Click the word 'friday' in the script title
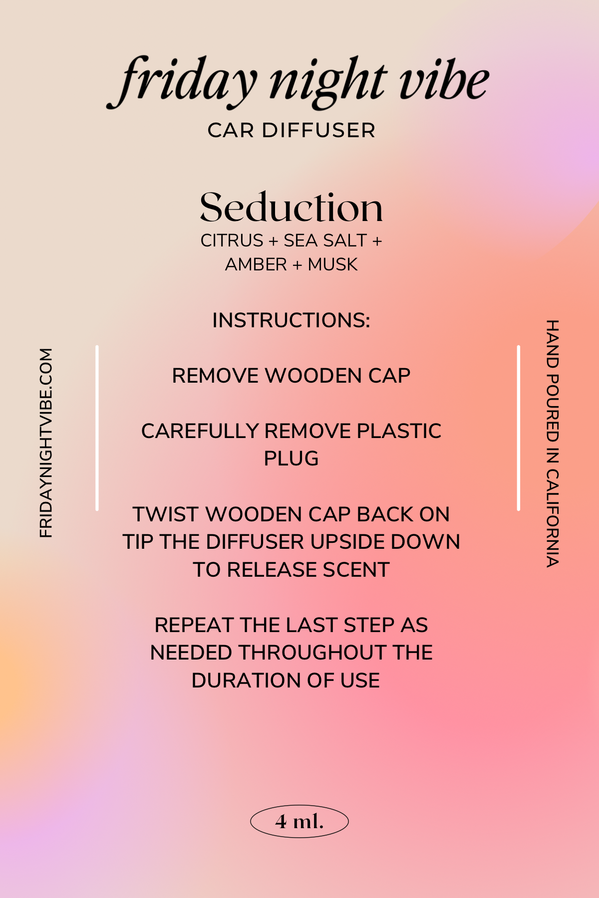click(182, 82)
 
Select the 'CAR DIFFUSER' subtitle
click(292, 131)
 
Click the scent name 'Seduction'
click(292, 207)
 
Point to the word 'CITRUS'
click(232, 240)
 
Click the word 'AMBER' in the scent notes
click(256, 264)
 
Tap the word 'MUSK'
click(333, 264)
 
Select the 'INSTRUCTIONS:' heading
click(292, 320)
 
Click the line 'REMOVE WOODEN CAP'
click(292, 376)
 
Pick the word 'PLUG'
click(292, 458)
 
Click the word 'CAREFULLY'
click(200, 431)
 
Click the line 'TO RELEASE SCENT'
click(292, 570)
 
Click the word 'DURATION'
click(242, 680)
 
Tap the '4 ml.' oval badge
click(299, 821)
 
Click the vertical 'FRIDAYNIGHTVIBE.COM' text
click(46, 443)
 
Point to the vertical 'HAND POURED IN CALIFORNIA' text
click(552, 444)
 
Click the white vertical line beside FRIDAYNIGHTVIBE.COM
click(97, 428)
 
